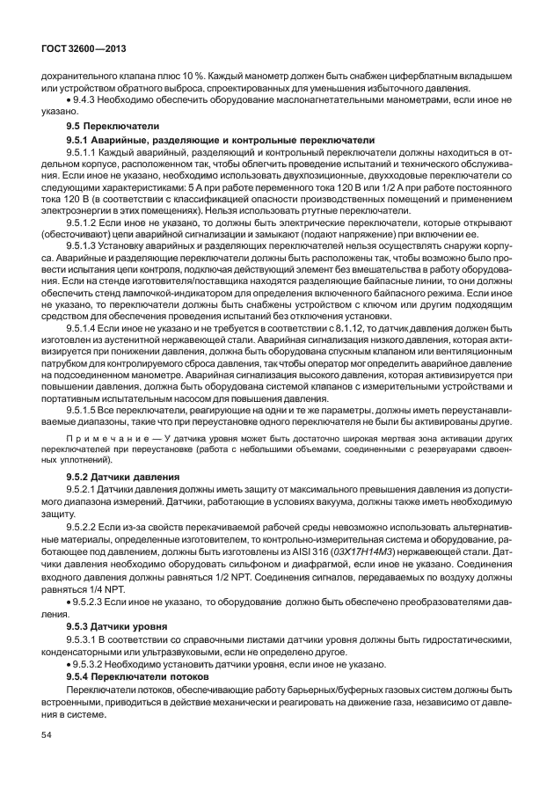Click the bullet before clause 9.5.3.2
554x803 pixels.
tap(69, 666)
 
